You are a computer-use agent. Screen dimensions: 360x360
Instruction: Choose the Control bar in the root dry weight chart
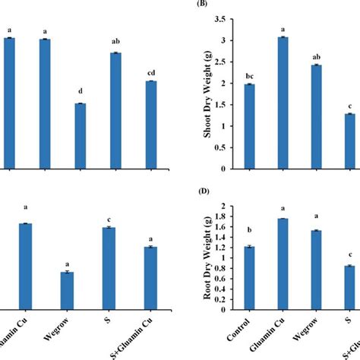pyautogui.click(x=249, y=278)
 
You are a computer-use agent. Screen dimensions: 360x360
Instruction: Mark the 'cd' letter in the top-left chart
pyautogui.click(x=151, y=73)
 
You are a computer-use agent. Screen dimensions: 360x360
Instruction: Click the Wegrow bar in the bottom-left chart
pyautogui.click(x=67, y=289)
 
